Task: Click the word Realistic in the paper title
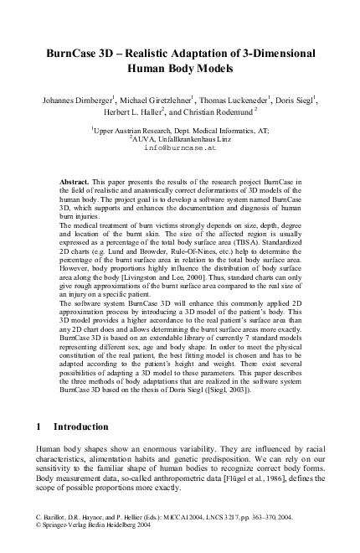click(x=145, y=53)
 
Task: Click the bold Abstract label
click(x=76, y=181)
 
